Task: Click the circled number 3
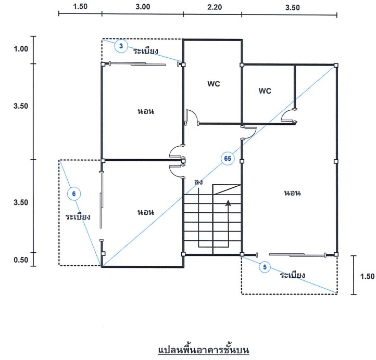(121, 46)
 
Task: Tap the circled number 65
(228, 158)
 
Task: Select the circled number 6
(74, 194)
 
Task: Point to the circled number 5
(265, 267)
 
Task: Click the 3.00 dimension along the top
(143, 6)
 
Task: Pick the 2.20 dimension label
(215, 7)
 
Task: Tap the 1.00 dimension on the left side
(21, 49)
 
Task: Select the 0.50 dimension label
(21, 260)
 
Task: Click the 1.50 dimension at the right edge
(367, 276)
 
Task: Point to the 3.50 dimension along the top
(293, 7)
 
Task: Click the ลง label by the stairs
(198, 182)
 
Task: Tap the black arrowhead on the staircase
(228, 203)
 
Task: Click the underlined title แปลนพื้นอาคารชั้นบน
(204, 350)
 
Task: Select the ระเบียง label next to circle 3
(146, 50)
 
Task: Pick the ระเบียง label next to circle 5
(293, 275)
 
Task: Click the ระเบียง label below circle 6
(78, 216)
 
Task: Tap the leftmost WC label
(214, 84)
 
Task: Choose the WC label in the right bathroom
(265, 91)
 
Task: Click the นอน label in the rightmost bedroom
(292, 193)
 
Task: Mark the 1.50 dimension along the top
(80, 6)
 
